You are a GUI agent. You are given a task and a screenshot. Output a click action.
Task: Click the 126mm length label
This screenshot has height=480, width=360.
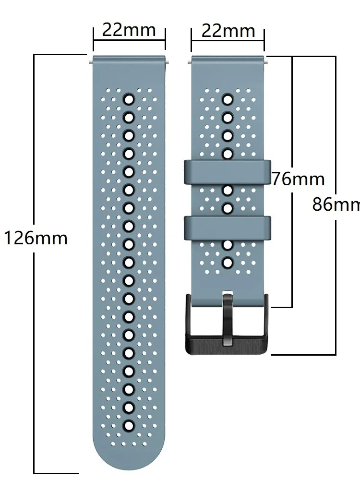[x=36, y=238]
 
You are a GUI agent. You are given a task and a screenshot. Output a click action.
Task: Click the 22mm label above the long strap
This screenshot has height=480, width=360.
[x=129, y=30]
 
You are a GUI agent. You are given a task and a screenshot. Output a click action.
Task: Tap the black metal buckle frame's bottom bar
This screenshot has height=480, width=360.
[x=228, y=347]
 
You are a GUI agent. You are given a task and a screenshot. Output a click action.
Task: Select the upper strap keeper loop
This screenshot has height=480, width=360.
[x=228, y=172]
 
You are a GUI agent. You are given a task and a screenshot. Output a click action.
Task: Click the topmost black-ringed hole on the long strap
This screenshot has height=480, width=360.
[x=129, y=99]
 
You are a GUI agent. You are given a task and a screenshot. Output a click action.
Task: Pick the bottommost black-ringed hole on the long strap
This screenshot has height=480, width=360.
[x=129, y=425]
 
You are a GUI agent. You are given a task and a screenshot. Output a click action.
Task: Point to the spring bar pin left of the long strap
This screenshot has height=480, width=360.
[x=90, y=61]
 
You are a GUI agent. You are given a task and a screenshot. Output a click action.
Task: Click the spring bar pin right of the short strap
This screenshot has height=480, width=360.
[x=267, y=61]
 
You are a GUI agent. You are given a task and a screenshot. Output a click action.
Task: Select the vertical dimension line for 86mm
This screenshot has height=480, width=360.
[x=336, y=288]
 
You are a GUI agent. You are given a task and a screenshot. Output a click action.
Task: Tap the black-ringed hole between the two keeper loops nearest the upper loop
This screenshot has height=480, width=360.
[x=228, y=191]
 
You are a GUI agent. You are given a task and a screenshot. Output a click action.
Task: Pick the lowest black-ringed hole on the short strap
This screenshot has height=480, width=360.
[x=228, y=262]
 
